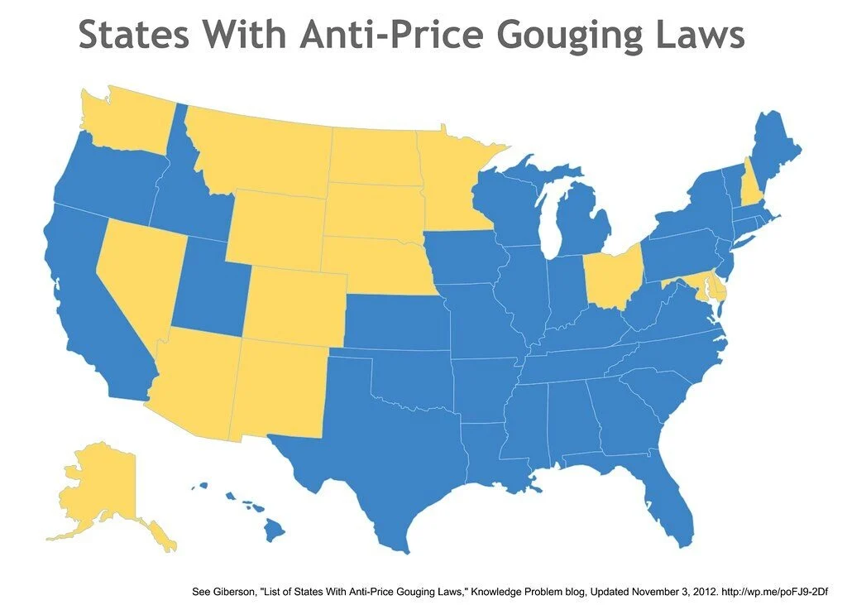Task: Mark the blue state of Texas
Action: (x=380, y=447)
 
